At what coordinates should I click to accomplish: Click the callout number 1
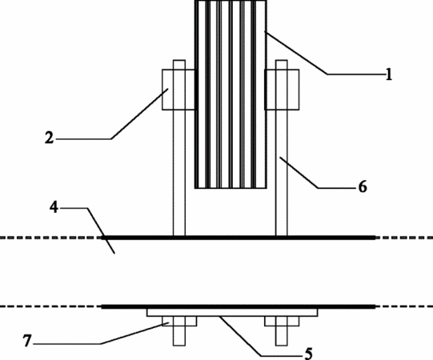[x=388, y=74]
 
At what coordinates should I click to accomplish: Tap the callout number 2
[x=49, y=138]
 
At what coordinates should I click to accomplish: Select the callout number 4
[x=54, y=207]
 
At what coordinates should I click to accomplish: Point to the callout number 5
[x=309, y=354]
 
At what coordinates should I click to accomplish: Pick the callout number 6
[x=363, y=186]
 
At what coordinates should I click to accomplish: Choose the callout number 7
[x=26, y=341]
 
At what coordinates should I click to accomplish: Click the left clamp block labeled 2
[x=178, y=90]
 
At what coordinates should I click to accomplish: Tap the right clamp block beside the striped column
[x=282, y=90]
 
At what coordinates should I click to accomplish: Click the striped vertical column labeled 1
[x=231, y=94]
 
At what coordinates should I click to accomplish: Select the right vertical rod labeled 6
[x=282, y=148]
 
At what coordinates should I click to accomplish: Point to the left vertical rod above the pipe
[x=179, y=148]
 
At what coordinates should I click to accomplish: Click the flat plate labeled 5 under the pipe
[x=232, y=313]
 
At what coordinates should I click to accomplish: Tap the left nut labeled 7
[x=179, y=321]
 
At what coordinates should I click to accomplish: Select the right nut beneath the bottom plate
[x=282, y=321]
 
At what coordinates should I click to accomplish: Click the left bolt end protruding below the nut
[x=179, y=336]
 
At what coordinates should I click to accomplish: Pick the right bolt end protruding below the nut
[x=282, y=336]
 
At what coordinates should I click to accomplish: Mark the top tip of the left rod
[x=179, y=60]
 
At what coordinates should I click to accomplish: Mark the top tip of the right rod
[x=282, y=60]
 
